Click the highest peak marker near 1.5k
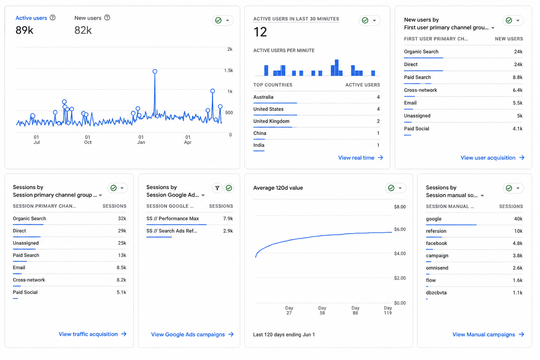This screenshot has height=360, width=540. click(x=155, y=71)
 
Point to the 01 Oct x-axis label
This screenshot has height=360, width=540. click(x=88, y=140)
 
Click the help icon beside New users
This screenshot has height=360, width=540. click(x=107, y=18)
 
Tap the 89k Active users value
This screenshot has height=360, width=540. click(x=24, y=30)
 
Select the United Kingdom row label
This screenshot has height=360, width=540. click(x=271, y=121)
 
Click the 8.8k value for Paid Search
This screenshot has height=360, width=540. click(x=517, y=77)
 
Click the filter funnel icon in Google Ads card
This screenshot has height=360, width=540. click(x=217, y=188)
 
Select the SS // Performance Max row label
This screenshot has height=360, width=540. click(x=173, y=218)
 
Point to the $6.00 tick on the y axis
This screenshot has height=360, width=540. click(x=400, y=229)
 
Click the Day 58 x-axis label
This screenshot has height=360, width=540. click(x=322, y=310)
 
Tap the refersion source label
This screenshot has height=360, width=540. click(x=436, y=231)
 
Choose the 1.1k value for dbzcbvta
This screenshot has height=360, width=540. click(x=517, y=292)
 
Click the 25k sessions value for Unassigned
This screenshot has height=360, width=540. click(x=122, y=243)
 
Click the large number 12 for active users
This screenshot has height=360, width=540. click(x=260, y=32)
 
